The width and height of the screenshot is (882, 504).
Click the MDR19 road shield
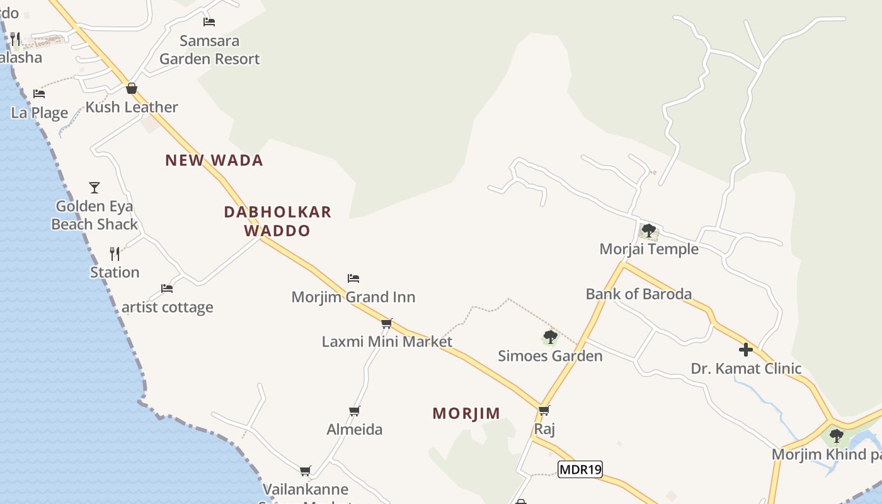tap(580, 469)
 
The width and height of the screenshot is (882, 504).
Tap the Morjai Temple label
tap(649, 249)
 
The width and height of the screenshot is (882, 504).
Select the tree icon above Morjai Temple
tap(648, 231)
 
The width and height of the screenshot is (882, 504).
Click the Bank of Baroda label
tap(638, 294)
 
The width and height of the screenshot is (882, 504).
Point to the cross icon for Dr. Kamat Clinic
tap(746, 349)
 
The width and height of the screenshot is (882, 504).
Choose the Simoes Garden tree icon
tap(550, 337)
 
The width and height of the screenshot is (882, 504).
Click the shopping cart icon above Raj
tap(544, 410)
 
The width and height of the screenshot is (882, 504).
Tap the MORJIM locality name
tap(466, 413)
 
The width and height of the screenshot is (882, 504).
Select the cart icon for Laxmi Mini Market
tap(386, 323)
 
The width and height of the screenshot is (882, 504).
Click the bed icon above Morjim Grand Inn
tap(353, 278)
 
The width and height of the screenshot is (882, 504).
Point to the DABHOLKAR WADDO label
tap(278, 220)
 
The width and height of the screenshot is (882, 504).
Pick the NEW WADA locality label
tap(214, 160)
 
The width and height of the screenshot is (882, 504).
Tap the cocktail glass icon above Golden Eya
tap(94, 187)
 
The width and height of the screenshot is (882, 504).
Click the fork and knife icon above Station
tap(115, 253)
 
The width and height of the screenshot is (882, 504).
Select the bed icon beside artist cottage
tap(167, 288)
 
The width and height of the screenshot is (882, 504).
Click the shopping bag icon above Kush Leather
tap(132, 88)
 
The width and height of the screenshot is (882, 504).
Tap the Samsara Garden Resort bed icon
tap(209, 22)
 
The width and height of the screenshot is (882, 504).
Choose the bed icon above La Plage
tap(39, 94)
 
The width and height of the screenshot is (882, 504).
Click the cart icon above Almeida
tap(355, 411)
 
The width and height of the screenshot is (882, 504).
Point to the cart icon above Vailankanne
tap(306, 471)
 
